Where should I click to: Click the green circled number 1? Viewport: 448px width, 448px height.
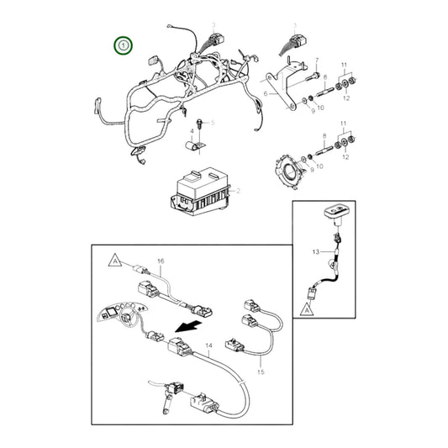pyautogui.click(x=124, y=44)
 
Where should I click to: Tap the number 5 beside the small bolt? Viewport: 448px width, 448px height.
pyautogui.click(x=213, y=124)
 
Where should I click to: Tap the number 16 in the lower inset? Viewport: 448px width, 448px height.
pyautogui.click(x=160, y=262)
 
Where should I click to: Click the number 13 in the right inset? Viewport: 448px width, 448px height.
pyautogui.click(x=316, y=251)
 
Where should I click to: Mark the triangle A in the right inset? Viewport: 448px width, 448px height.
pyautogui.click(x=308, y=309)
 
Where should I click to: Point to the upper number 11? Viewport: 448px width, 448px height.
pyautogui.click(x=343, y=66)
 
